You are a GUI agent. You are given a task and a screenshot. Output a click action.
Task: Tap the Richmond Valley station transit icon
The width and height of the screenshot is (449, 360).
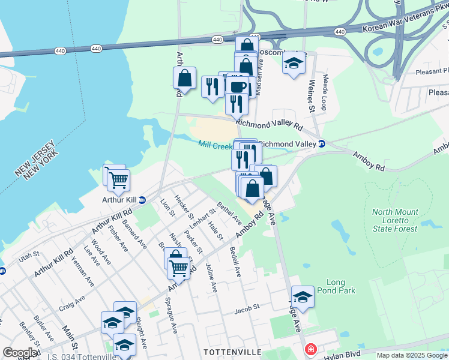(x=322, y=144)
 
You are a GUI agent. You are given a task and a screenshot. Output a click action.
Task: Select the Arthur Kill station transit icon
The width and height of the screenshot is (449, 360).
(x=142, y=200)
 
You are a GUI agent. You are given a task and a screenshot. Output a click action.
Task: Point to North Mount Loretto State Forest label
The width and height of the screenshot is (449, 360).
(x=394, y=220)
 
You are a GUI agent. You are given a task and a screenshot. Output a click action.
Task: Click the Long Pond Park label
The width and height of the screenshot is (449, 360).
(x=341, y=286)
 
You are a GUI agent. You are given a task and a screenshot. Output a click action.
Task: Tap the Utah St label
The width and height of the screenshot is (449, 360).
(x=29, y=259)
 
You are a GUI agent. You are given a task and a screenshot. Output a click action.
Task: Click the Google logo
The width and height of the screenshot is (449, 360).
(x=20, y=353)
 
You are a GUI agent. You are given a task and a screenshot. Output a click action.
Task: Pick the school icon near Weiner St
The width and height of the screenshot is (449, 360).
(x=294, y=63)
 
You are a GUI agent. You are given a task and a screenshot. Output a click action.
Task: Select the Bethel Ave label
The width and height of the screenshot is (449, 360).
(x=229, y=213)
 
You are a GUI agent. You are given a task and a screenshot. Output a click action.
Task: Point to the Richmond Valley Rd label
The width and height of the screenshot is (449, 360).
(x=268, y=124)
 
